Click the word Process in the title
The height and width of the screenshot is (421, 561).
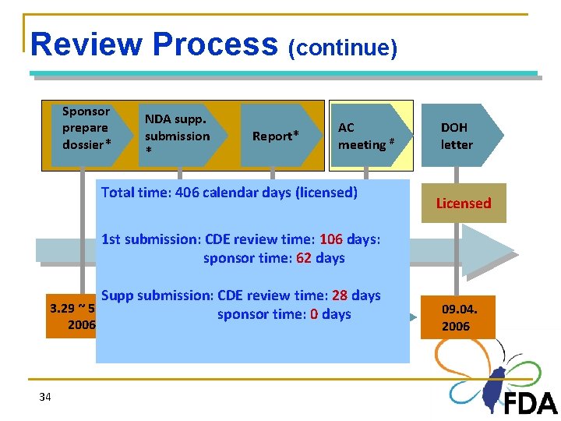click(215, 44)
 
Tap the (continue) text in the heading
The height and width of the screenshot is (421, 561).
click(343, 48)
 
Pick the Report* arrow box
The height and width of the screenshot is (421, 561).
click(275, 136)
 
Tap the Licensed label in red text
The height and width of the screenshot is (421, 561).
click(464, 203)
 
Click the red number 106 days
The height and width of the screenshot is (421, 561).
click(332, 239)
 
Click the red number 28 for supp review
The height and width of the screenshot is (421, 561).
click(339, 295)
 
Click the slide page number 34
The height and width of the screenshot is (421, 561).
click(45, 398)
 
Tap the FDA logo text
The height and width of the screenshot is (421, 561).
click(530, 403)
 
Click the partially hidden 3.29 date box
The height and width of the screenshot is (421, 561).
click(71, 316)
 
